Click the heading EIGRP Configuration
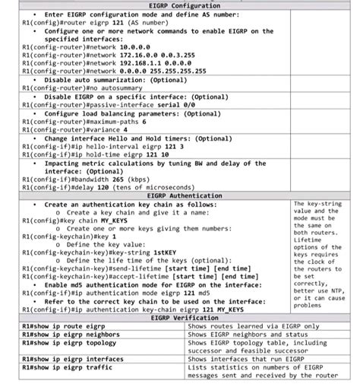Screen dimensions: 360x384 coord(179,6)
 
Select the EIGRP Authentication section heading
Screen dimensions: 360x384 coord(179,195)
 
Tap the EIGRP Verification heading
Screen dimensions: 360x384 coord(179,318)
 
